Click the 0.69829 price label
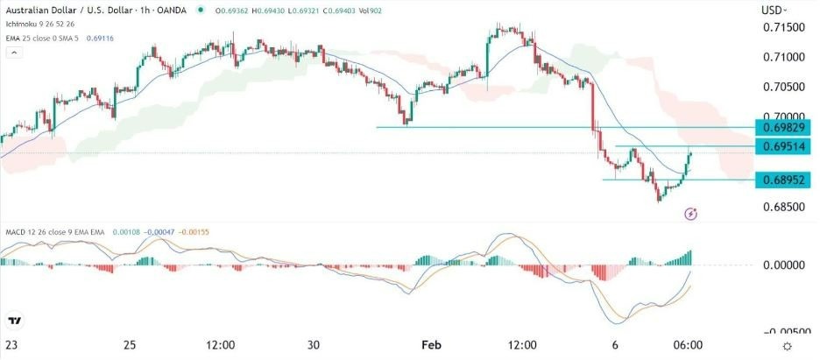pyautogui.click(x=783, y=128)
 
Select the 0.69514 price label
pyautogui.click(x=783, y=145)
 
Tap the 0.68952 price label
pyautogui.click(x=783, y=180)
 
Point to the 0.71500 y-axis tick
pyautogui.click(x=782, y=28)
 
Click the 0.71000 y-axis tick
pyautogui.click(x=782, y=58)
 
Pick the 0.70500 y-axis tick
pyautogui.click(x=782, y=88)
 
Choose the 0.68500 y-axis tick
pyautogui.click(x=782, y=208)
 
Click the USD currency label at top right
pyautogui.click(x=773, y=10)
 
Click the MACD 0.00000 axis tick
pyautogui.click(x=783, y=265)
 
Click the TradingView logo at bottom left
pyautogui.click(x=15, y=321)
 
